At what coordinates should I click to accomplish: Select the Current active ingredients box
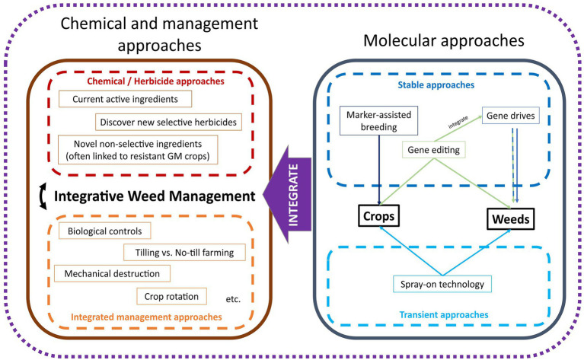[125, 99]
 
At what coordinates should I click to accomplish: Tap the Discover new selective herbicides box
[168, 122]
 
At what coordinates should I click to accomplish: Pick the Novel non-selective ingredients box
[138, 150]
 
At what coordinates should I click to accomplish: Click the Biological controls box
[104, 231]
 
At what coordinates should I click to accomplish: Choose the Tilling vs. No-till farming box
[184, 253]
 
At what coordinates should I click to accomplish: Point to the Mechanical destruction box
[112, 273]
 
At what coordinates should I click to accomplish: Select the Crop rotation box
[171, 296]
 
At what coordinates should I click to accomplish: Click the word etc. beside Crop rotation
[233, 299]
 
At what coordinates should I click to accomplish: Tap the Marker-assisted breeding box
[378, 120]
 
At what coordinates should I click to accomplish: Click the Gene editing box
[433, 150]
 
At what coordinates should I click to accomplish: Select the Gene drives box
[511, 116]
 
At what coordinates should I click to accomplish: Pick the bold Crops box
[378, 215]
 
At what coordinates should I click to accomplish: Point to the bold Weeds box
[511, 218]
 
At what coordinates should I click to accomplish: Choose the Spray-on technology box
[442, 284]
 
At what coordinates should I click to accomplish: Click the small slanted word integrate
[458, 122]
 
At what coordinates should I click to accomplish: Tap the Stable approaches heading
[436, 85]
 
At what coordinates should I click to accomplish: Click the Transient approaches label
[444, 314]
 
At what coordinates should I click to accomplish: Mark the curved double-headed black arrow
[43, 196]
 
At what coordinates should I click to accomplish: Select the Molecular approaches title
[444, 40]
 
